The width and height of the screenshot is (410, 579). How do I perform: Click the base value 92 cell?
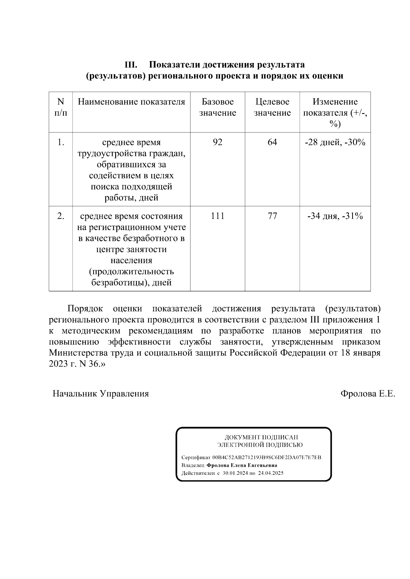pyautogui.click(x=217, y=142)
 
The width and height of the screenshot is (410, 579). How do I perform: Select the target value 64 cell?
pyautogui.click(x=272, y=142)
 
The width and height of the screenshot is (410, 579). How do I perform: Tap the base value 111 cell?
pyautogui.click(x=217, y=216)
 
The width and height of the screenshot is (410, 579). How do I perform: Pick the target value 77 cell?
pyautogui.click(x=272, y=216)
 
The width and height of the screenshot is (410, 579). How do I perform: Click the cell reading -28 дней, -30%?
pyautogui.click(x=335, y=142)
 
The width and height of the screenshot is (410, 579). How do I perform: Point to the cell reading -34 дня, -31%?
pyautogui.click(x=335, y=216)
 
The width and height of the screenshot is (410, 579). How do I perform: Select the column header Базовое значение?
pyautogui.click(x=217, y=107)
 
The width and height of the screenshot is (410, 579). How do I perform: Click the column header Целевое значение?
pyautogui.click(x=272, y=107)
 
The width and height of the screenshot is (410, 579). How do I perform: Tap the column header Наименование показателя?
pyautogui.click(x=131, y=102)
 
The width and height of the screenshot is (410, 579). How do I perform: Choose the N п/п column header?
pyautogui.click(x=60, y=107)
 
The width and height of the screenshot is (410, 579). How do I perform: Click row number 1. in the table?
pyautogui.click(x=60, y=142)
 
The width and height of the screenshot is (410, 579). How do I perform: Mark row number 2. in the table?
pyautogui.click(x=60, y=216)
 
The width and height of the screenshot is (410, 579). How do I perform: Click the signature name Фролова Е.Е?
pyautogui.click(x=368, y=394)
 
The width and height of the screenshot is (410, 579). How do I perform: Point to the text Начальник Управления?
pyautogui.click(x=100, y=394)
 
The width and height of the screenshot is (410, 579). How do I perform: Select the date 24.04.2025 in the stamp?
pyautogui.click(x=271, y=473)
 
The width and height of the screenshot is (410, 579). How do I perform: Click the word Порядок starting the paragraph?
pyautogui.click(x=85, y=309)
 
